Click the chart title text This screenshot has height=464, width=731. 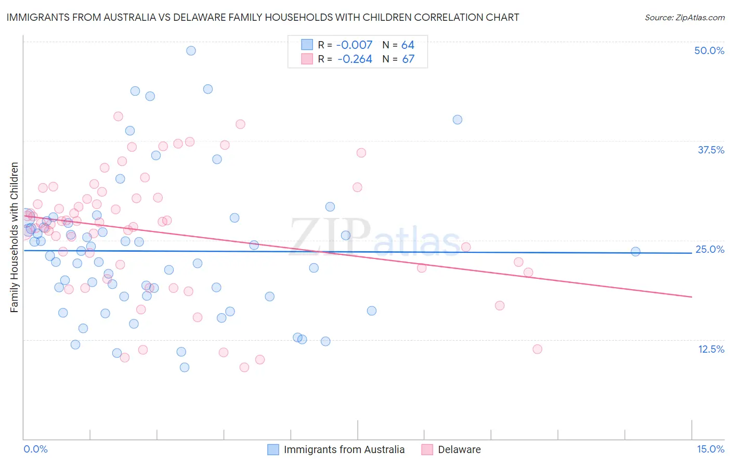pos(263,17)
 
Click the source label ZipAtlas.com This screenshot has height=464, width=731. pos(684,17)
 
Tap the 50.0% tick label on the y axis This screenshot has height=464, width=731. pos(709,50)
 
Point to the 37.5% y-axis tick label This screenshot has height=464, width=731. pos(711,150)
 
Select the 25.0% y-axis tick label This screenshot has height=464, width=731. pos(710,249)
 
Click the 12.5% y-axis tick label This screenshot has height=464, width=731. pos(711,349)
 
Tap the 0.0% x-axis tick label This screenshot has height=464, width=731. pos(35,449)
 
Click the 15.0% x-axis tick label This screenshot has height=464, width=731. pos(710,449)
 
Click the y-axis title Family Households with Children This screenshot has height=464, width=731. pos(15,237)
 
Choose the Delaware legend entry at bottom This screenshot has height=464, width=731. pos(459,449)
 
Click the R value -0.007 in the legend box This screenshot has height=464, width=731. pos(355,45)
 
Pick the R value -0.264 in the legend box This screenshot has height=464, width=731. pos(355,59)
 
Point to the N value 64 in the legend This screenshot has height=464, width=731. pos(408,45)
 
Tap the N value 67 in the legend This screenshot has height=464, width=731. pos(408,59)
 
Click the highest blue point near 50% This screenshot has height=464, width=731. pos(191,50)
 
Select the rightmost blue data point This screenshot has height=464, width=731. pos(635,252)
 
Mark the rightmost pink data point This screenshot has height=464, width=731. pos(537,349)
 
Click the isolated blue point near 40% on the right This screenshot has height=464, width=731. pos(458,120)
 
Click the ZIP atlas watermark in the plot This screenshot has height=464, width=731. pos(374,237)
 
